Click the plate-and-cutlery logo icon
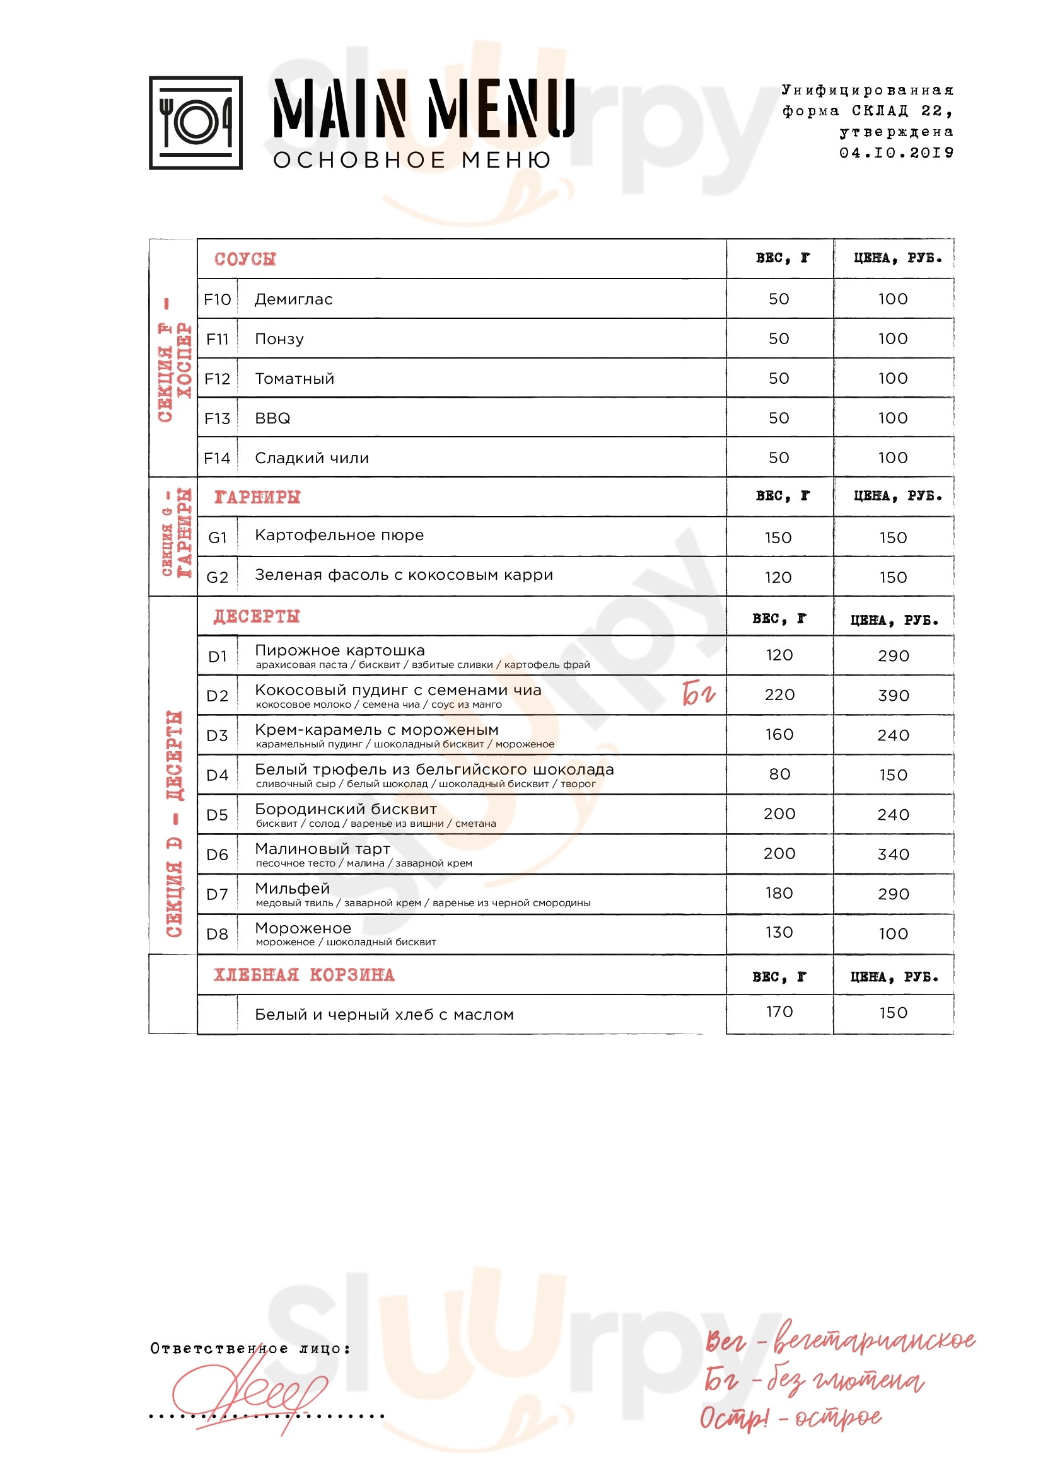point(195,123)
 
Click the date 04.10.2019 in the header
point(896,153)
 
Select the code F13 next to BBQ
point(217,418)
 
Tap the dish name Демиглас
point(293,299)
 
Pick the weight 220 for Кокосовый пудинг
point(779,694)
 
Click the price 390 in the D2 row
point(894,695)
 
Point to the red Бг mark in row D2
point(698,693)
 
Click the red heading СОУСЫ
point(245,259)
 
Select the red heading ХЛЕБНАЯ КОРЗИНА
point(304,974)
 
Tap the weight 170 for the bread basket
point(779,1012)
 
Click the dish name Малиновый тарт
point(322,849)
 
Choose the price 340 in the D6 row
point(894,855)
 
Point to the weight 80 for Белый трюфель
point(779,774)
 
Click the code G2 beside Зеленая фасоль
point(217,577)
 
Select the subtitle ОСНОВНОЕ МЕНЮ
point(412,160)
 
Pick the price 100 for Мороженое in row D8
point(894,933)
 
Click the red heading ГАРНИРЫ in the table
point(257,497)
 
